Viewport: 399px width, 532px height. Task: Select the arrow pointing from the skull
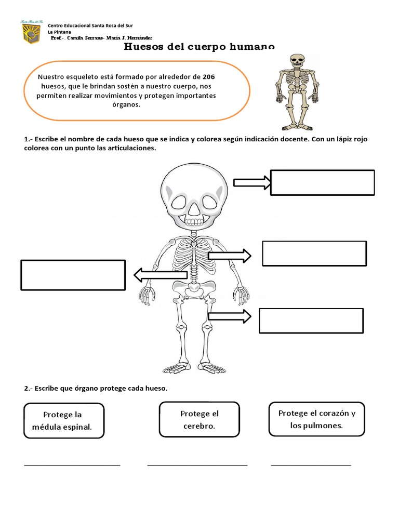pyautogui.click(x=252, y=182)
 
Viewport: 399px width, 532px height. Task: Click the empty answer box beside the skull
pyautogui.click(x=322, y=182)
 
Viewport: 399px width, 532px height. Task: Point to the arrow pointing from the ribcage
pyautogui.click(x=230, y=256)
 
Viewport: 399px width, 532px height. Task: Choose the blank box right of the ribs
pyautogui.click(x=314, y=254)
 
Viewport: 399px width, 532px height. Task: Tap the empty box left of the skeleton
pyautogui.click(x=73, y=275)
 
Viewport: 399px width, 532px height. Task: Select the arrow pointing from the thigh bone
pyautogui.click(x=230, y=316)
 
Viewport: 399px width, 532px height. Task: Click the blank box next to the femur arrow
pyautogui.click(x=311, y=320)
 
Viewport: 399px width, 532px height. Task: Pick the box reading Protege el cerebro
pyautogui.click(x=199, y=419)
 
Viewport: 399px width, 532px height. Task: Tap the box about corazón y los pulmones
pyautogui.click(x=316, y=419)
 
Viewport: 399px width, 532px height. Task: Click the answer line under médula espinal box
pyautogui.click(x=72, y=465)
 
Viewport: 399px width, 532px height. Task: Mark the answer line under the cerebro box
pyautogui.click(x=197, y=465)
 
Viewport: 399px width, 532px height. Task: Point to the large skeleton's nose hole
pyautogui.click(x=193, y=208)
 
